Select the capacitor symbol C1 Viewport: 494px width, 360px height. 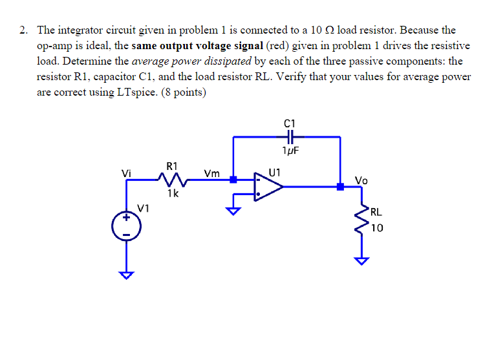(289, 136)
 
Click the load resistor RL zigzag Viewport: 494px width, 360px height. (360, 219)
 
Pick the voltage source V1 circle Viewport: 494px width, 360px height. (127, 226)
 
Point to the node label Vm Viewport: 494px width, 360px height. (211, 173)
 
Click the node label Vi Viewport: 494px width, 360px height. (127, 173)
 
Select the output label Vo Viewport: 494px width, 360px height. (361, 180)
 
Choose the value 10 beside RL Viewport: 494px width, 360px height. (378, 228)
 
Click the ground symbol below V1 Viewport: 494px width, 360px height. (127, 274)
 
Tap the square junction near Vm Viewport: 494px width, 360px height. (233, 181)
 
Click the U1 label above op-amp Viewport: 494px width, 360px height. (275, 172)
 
